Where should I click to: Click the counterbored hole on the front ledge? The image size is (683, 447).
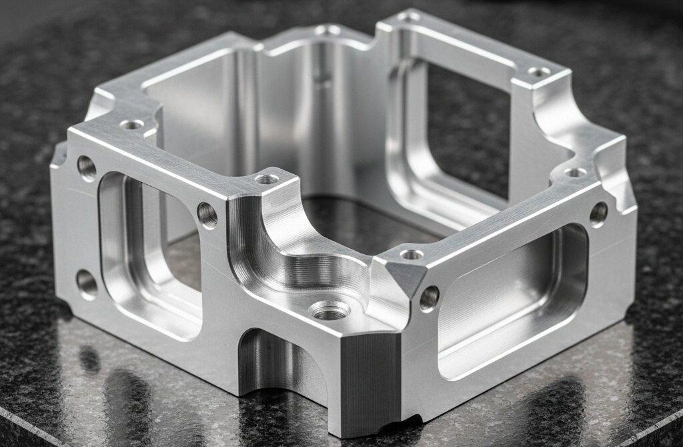(330, 310)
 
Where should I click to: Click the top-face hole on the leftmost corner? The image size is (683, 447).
(133, 124)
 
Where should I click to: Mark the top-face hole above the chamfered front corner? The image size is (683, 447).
(411, 254)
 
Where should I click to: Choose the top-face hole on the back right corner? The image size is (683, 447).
(538, 71)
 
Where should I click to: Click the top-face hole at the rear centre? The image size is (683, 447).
(327, 30)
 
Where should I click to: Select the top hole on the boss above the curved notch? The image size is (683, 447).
(267, 179)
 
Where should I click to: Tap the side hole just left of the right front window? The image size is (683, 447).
(429, 298)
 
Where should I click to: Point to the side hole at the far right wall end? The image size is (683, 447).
(598, 213)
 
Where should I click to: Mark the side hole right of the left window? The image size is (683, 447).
(207, 215)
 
